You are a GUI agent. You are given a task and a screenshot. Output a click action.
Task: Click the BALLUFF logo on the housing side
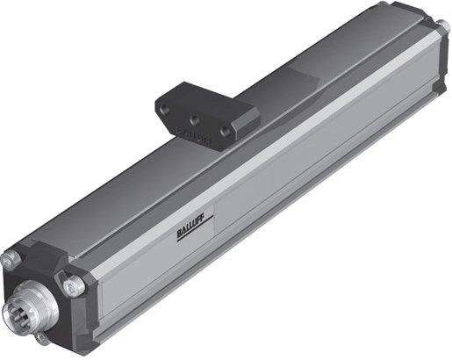pos(184,230)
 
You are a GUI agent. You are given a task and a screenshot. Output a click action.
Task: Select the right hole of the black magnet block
pos(226,129)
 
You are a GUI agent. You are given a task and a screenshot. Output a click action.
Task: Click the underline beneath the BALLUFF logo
pos(184,236)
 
